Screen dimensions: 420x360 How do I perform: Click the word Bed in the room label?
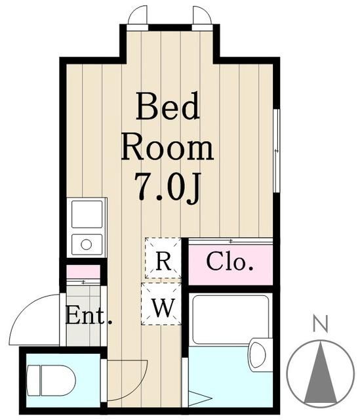coord(167,107)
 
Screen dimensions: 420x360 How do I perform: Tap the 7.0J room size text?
coord(167,188)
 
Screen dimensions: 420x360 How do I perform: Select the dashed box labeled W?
coord(162,305)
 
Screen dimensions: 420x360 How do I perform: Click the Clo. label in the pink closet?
coord(230,262)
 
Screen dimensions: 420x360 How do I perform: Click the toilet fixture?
coord(51,381)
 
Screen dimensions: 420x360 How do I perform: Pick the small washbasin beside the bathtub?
coord(259,355)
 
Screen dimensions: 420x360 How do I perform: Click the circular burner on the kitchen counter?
coord(87,245)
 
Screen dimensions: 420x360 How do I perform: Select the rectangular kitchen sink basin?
coord(87,214)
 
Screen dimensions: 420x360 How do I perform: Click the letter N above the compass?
coord(320,323)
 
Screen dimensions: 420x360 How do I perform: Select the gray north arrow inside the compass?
coord(320,374)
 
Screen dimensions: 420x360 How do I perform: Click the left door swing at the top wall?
coord(137,16)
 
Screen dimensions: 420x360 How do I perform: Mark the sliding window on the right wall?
coord(276,152)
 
